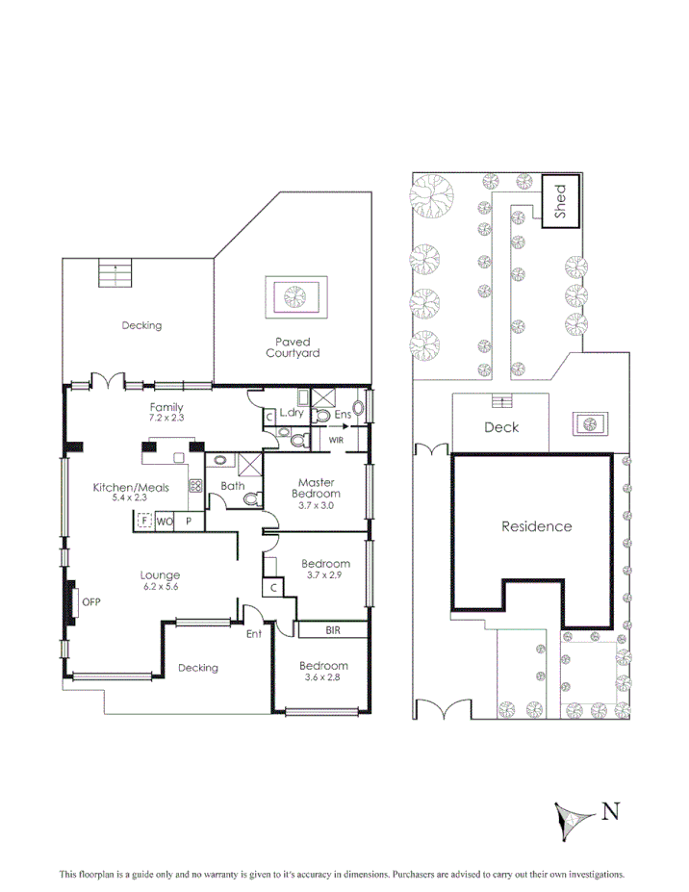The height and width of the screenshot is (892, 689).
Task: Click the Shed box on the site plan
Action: pyautogui.click(x=561, y=200)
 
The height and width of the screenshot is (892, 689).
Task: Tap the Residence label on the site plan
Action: pyautogui.click(x=536, y=526)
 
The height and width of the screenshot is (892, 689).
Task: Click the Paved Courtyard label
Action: pyautogui.click(x=293, y=346)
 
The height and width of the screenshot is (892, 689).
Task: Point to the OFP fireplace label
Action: pyautogui.click(x=91, y=602)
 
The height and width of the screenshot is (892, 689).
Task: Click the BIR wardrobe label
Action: pyautogui.click(x=333, y=631)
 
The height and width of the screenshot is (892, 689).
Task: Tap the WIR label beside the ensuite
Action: pyautogui.click(x=337, y=440)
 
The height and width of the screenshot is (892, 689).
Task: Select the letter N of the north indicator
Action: pyautogui.click(x=609, y=811)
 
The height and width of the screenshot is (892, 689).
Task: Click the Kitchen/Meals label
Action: pyautogui.click(x=130, y=487)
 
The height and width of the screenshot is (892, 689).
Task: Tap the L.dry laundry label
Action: pyautogui.click(x=292, y=414)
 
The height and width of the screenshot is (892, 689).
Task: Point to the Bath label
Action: pyautogui.click(x=232, y=486)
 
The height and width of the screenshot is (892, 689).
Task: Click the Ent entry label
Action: pyautogui.click(x=254, y=634)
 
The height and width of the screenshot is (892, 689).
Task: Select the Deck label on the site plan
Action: pyautogui.click(x=500, y=426)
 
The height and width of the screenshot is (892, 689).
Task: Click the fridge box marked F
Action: pyautogui.click(x=143, y=522)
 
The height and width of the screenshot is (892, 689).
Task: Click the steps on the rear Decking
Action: pyautogui.click(x=114, y=275)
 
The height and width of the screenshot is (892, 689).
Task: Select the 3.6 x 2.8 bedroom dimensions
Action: pyautogui.click(x=323, y=677)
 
